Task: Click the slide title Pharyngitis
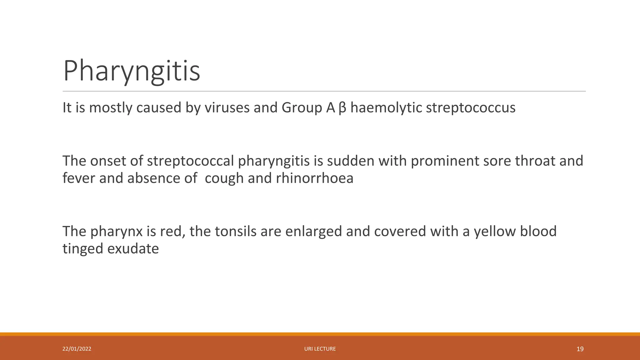point(131,71)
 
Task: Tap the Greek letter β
point(342,108)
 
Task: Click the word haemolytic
point(386,108)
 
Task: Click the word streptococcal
point(190,161)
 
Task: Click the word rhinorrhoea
point(315,178)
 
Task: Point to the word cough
point(224,178)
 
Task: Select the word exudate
point(133,249)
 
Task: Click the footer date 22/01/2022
point(77,349)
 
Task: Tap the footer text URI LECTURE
point(320,349)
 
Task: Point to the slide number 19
point(580,349)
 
